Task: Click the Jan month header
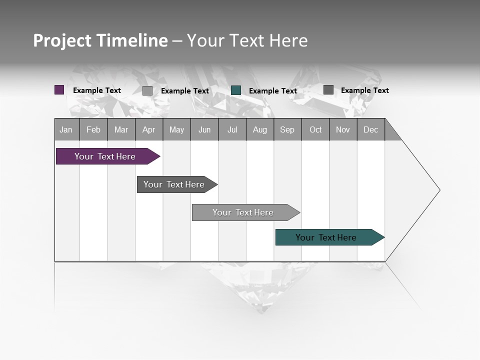coord(66,129)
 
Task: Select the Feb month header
coord(93,129)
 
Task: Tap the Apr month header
coord(148,129)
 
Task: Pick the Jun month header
coord(204,129)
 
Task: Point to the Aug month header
coord(259,129)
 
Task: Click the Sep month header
coord(287,129)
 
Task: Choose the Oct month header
coord(315,129)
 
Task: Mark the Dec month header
coord(370,129)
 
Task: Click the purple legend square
coord(59,90)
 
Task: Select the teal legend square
coord(236,90)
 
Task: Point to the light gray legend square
coord(147,90)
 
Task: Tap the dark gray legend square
coord(328,89)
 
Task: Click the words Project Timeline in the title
coord(100,40)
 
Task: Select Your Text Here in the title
coord(247,40)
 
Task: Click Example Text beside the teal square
coord(272,91)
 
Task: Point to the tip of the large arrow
coord(439,190)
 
